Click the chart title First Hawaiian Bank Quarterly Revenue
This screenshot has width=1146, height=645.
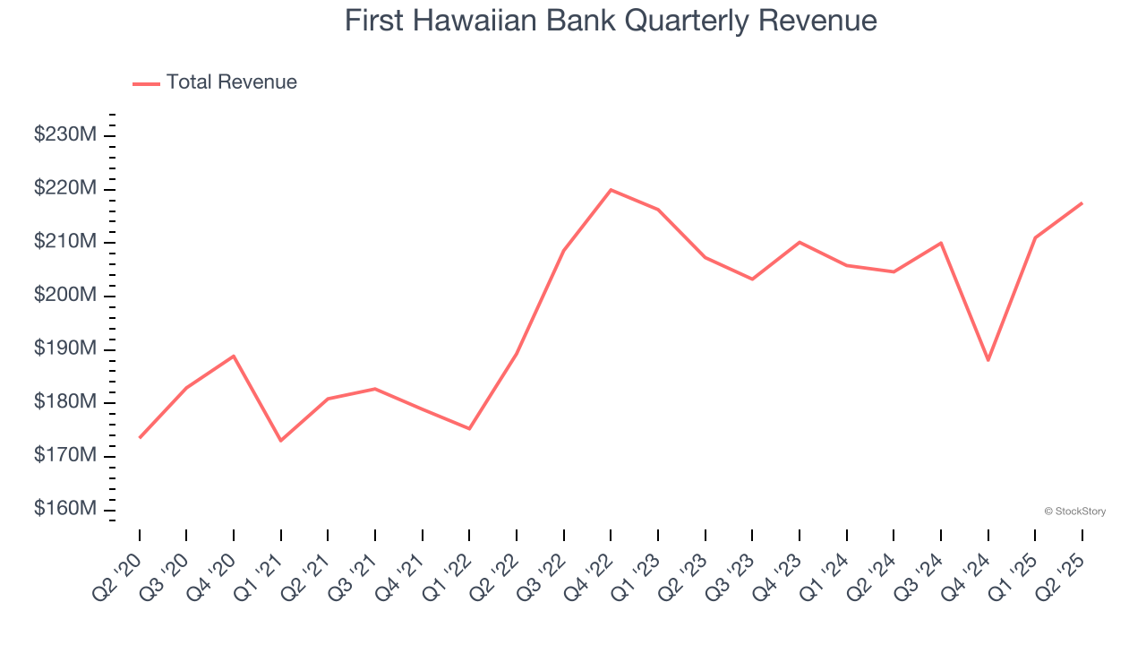click(611, 20)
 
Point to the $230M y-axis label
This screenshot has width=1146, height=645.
click(65, 135)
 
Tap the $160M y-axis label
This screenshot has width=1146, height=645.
click(65, 509)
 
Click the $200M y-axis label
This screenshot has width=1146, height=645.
click(65, 296)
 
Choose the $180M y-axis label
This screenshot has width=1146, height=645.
click(65, 402)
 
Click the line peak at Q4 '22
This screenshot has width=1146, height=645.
click(611, 190)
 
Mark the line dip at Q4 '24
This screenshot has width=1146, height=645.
click(988, 360)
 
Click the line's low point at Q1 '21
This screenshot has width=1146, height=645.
click(281, 441)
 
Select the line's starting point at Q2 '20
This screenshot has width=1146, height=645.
click(140, 437)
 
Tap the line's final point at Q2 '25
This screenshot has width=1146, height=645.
click(1082, 203)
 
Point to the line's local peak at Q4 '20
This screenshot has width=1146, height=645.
click(234, 356)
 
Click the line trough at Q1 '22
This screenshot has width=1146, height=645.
click(469, 428)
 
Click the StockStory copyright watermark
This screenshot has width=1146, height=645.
click(1074, 512)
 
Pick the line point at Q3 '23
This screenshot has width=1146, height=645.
click(752, 279)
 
